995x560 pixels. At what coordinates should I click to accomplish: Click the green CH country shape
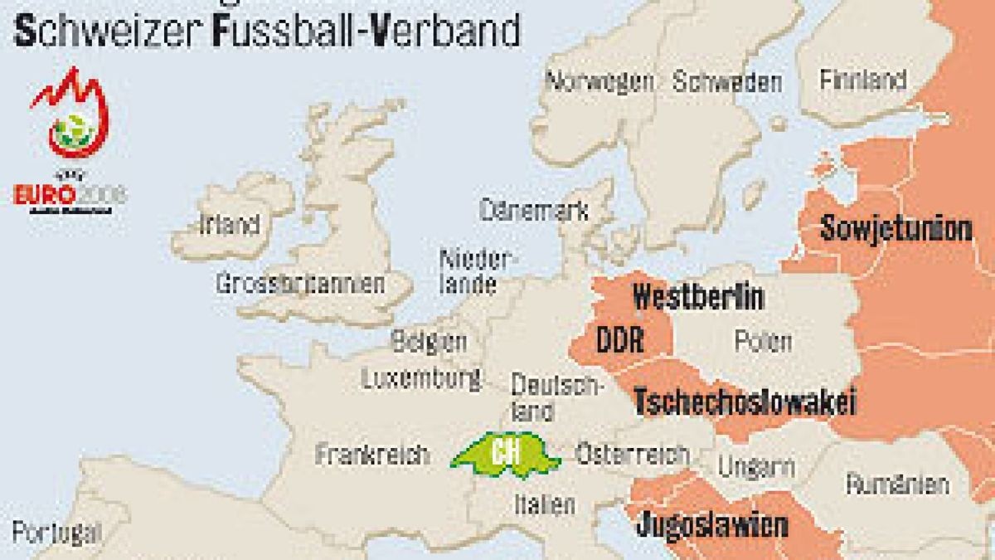click(502, 455)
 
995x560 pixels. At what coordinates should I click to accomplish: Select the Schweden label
click(726, 81)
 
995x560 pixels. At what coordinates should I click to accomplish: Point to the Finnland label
click(862, 80)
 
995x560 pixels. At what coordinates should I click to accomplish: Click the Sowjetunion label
click(895, 228)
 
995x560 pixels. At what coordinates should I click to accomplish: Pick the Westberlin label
click(698, 297)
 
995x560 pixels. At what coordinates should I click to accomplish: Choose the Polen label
click(763, 340)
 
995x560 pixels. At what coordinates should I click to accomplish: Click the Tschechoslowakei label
click(745, 402)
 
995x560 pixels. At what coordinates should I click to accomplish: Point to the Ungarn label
click(756, 467)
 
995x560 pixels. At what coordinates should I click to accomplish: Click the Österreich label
click(632, 454)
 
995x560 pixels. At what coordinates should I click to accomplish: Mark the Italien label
click(544, 503)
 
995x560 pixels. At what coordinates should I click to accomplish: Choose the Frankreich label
click(372, 454)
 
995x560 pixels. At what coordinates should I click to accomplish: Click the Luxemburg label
click(421, 378)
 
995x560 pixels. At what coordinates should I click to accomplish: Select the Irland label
click(229, 224)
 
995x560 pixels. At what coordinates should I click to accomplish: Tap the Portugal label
click(56, 532)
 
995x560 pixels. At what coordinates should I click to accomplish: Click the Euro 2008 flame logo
click(70, 116)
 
